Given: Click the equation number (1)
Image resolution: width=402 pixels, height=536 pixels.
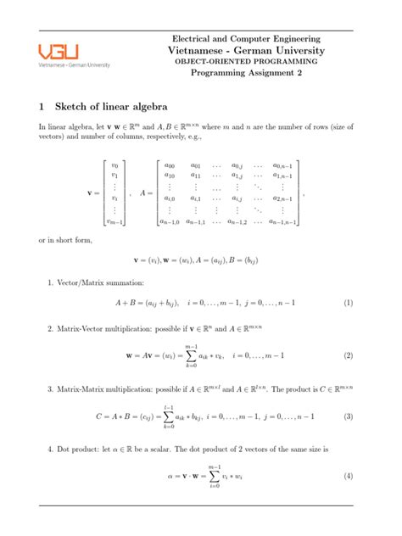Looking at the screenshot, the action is [348, 302].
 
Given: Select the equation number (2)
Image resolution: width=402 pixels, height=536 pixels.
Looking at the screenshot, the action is [348, 356].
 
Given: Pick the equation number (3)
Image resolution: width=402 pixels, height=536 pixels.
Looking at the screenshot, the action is [348, 416].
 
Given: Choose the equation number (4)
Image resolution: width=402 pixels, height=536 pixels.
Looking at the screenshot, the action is [348, 476].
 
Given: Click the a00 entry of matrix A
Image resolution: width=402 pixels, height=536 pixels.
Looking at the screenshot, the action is [169, 166].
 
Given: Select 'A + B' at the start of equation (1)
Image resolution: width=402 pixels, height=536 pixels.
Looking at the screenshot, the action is [127, 302].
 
